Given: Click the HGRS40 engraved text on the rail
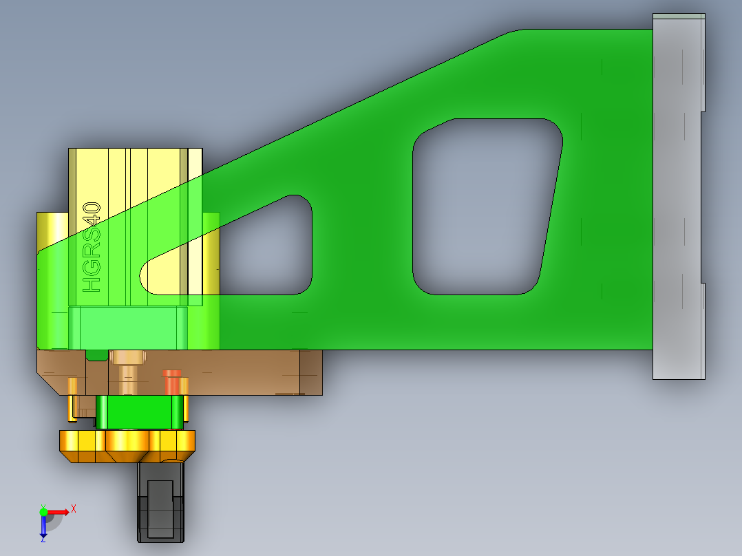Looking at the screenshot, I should coord(92,246).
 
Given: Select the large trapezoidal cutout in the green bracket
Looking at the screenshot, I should coord(485,206).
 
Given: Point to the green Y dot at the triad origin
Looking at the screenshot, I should coord(43,512).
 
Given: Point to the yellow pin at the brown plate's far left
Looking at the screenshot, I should coord(72,399).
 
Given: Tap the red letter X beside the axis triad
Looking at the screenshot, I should coord(73,509).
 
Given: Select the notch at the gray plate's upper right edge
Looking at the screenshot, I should coord(703,111).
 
